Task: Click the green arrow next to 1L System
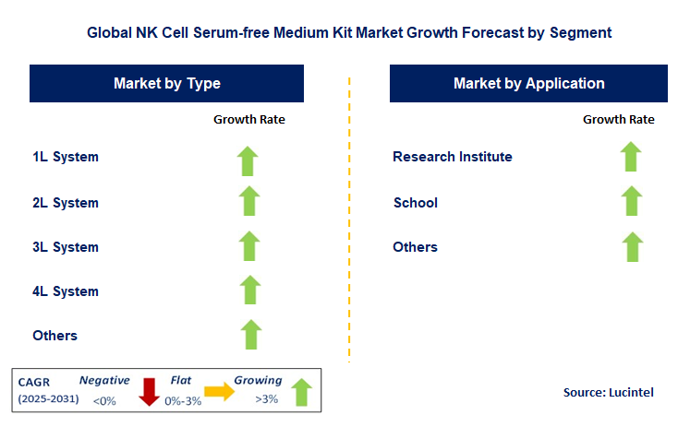click(248, 160)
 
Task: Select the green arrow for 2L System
click(248, 202)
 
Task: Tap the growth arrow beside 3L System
click(248, 246)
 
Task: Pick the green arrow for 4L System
click(248, 291)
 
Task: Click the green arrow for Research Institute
click(631, 157)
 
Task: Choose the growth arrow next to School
click(631, 201)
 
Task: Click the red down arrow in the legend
click(148, 391)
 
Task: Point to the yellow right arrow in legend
click(220, 391)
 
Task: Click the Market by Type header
click(167, 84)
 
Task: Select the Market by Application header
click(529, 84)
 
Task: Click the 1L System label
click(66, 157)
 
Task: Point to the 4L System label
click(66, 291)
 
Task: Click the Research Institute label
click(453, 157)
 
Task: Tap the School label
click(416, 203)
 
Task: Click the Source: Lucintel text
click(608, 393)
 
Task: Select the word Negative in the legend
click(104, 380)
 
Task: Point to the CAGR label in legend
click(36, 381)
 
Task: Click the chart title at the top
click(349, 32)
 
